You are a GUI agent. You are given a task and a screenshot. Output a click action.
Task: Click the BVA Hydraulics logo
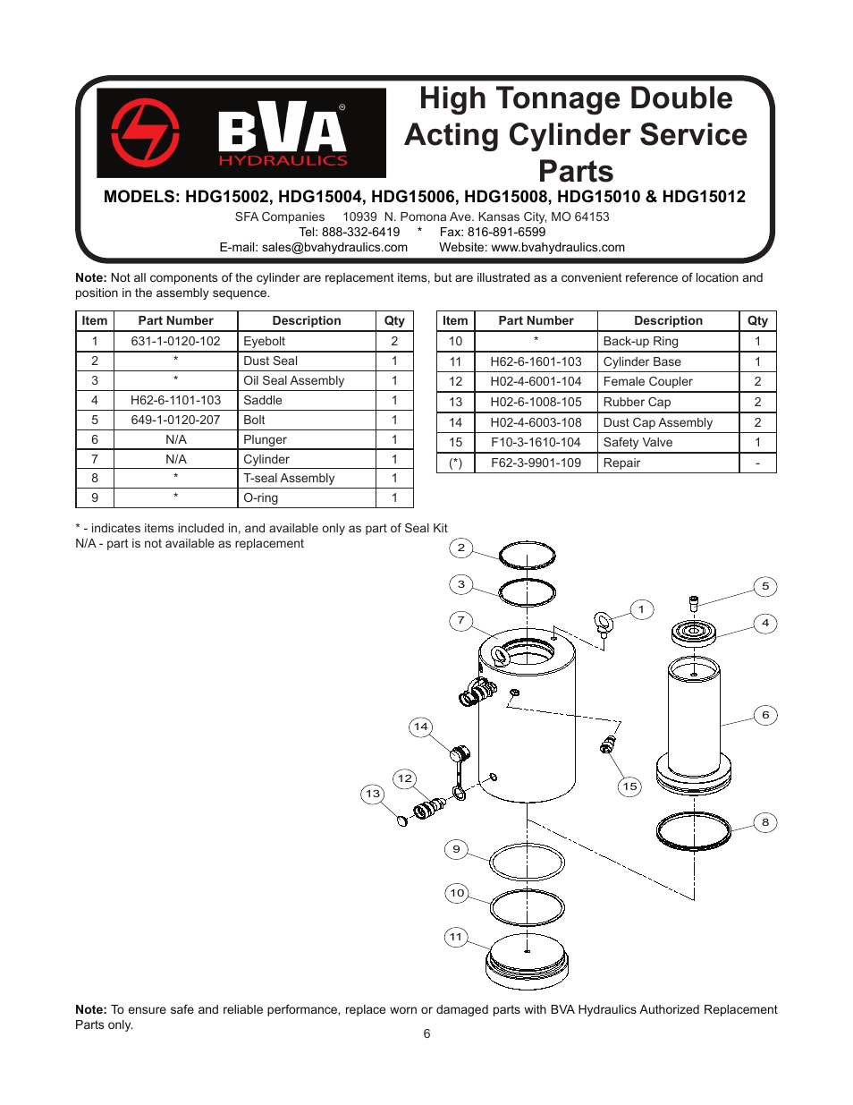click(x=241, y=132)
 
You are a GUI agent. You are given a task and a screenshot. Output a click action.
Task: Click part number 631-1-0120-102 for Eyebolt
click(x=175, y=341)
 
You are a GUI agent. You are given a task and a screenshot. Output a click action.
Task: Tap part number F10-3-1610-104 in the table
click(x=536, y=442)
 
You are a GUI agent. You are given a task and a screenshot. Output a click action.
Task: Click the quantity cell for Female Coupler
click(x=757, y=381)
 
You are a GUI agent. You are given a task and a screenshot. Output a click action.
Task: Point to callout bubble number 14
click(x=420, y=727)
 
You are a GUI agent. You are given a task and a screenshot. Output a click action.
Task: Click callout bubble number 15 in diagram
click(x=630, y=786)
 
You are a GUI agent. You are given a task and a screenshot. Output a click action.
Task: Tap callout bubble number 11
click(x=456, y=937)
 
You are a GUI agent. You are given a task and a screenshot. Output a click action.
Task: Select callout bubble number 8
click(x=765, y=822)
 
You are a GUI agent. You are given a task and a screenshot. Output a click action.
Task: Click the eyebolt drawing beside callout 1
click(x=604, y=624)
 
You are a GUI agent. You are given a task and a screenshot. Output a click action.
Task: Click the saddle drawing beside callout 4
click(x=694, y=633)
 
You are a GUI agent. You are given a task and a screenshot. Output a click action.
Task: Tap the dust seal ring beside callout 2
click(x=528, y=556)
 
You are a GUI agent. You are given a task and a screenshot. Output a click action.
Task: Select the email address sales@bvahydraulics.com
click(x=334, y=248)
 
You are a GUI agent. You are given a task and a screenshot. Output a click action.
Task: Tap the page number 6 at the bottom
click(x=426, y=1033)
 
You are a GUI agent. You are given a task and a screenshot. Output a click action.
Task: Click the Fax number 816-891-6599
click(x=506, y=232)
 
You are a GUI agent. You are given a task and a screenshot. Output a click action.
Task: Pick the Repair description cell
click(x=622, y=463)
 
